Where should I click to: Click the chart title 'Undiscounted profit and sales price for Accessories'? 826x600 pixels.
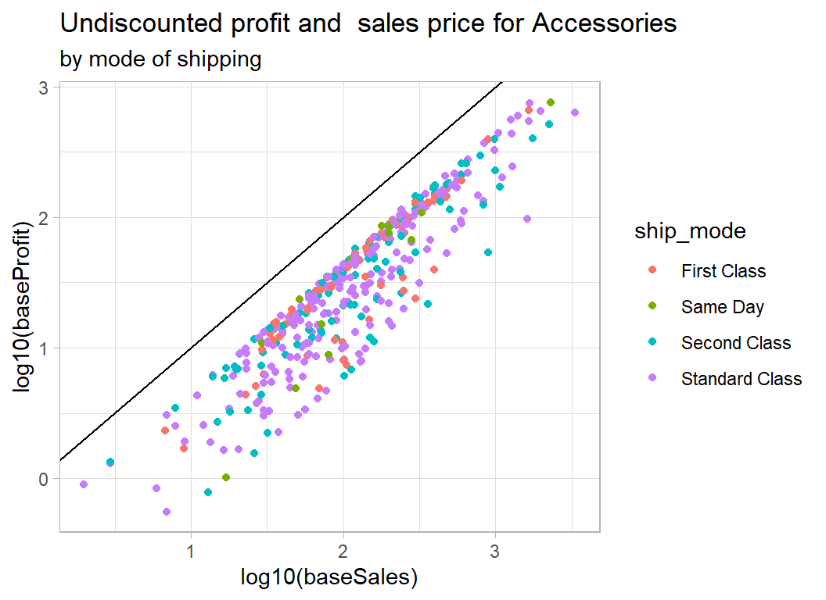[368, 23]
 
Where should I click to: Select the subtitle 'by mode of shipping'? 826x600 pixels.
[160, 59]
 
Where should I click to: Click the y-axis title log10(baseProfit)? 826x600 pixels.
[28, 309]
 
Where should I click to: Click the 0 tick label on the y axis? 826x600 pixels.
[45, 478]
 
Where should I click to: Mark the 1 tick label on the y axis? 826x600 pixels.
[45, 348]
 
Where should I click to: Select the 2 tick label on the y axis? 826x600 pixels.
[45, 218]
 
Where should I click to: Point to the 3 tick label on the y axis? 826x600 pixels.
[45, 88]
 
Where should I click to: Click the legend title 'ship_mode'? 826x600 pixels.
[689, 231]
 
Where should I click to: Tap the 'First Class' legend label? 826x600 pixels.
[724, 271]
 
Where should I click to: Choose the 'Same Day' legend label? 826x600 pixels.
[722, 307]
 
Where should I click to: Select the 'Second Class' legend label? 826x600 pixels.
[736, 343]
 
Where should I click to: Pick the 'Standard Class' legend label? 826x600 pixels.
[742, 379]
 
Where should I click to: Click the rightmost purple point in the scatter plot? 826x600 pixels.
[575, 112]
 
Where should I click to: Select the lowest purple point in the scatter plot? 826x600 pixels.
[167, 512]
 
